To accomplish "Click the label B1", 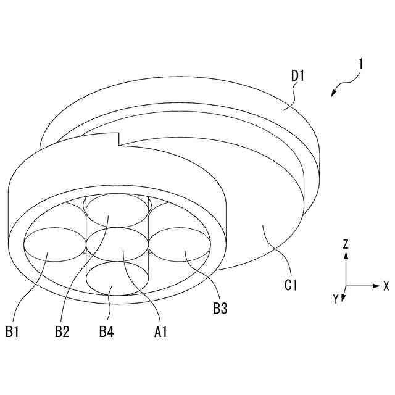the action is coord(13,332).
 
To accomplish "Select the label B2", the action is coord(62,332).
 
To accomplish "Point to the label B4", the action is coord(106,332).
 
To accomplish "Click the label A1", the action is coord(160,332).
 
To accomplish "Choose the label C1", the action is coord(291,285).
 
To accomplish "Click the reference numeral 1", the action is coord(360,64).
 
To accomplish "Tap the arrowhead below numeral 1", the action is coord(334,93).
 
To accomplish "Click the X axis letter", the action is coord(386,286).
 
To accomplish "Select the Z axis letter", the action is coord(346,244).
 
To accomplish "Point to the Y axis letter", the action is coord(336,299).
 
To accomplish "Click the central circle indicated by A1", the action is coord(117,244).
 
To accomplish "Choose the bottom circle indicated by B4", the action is coord(117,277).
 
